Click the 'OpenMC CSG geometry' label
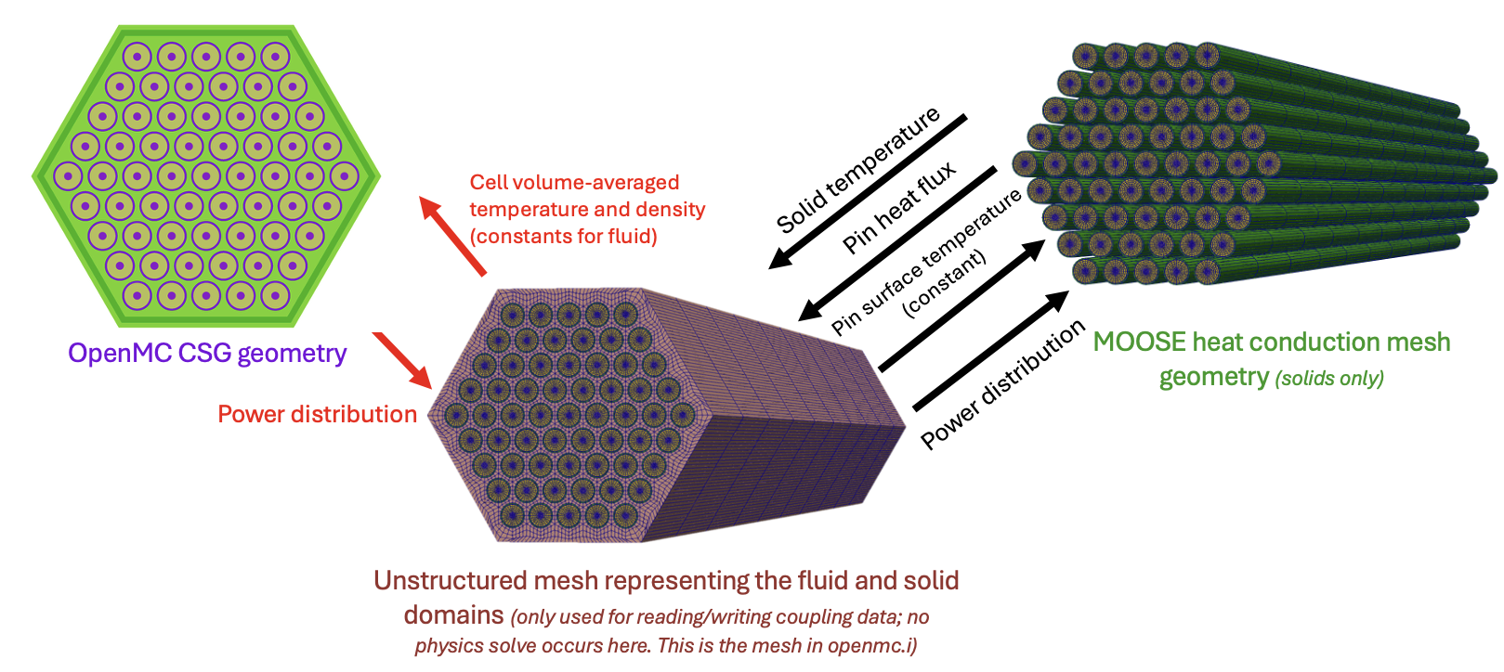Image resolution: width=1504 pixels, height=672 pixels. pos(207,354)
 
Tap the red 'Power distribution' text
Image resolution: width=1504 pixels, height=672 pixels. pos(317,414)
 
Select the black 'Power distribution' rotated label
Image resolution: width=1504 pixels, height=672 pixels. pos(1002,384)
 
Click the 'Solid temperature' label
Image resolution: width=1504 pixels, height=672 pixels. pos(858,171)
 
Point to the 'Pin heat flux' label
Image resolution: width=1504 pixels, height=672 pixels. pos(899,208)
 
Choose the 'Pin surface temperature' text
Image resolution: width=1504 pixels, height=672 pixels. pos(926,262)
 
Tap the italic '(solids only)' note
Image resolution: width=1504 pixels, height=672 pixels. pos(1329,379)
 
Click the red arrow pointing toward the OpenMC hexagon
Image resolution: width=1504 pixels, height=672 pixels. pos(451,236)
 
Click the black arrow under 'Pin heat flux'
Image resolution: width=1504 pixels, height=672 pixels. pos(897,243)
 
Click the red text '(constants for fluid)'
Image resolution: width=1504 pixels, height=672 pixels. pos(563,237)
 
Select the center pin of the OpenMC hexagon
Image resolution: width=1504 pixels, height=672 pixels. pos(206,176)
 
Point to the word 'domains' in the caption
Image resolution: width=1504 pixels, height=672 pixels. pos(454,615)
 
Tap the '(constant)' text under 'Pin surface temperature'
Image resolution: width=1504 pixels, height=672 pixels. pos(945,284)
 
